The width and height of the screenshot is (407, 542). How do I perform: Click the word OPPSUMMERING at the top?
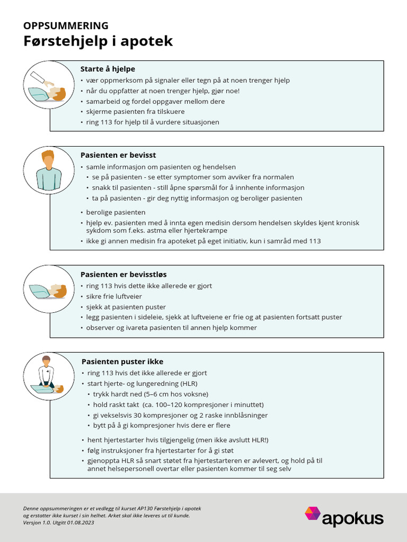tap(66, 25)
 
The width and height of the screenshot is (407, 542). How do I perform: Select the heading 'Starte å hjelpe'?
tap(108, 69)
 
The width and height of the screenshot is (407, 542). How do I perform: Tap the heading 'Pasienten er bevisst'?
tap(118, 155)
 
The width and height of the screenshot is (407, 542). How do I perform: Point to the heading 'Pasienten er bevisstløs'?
tap(123, 274)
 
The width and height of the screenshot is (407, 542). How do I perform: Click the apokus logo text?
tap(352, 519)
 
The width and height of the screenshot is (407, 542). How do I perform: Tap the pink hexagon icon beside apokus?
tap(312, 514)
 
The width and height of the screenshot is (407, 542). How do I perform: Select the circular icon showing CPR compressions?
tap(49, 377)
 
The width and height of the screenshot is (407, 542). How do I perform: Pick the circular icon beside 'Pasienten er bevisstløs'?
tap(49, 289)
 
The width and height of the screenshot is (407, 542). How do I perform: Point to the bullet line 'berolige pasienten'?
tap(116, 212)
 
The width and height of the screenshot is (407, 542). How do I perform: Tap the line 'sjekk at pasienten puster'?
tap(126, 307)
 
